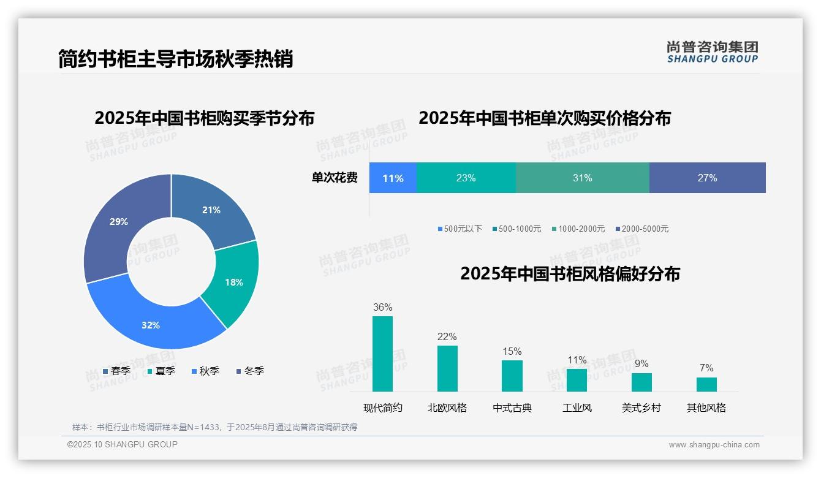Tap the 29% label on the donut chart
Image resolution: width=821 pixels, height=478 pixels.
(119, 222)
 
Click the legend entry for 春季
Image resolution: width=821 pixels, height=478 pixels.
(116, 371)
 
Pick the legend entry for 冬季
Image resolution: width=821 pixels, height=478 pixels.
(250, 371)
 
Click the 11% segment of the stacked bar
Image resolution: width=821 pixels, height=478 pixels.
(393, 178)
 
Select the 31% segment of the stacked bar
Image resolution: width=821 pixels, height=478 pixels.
(582, 178)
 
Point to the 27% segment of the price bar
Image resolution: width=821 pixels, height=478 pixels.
(707, 178)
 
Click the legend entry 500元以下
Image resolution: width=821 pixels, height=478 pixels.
(460, 229)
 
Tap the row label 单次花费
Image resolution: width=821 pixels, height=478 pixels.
(335, 178)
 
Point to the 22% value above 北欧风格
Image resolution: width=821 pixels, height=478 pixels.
(447, 336)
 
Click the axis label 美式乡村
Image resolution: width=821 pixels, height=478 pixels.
(641, 408)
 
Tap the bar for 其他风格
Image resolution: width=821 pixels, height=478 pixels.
(706, 384)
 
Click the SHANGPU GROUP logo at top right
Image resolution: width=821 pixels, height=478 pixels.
(712, 52)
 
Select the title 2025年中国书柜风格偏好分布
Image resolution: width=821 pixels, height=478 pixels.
(570, 273)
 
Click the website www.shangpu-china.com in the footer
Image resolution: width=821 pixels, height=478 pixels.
(714, 445)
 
